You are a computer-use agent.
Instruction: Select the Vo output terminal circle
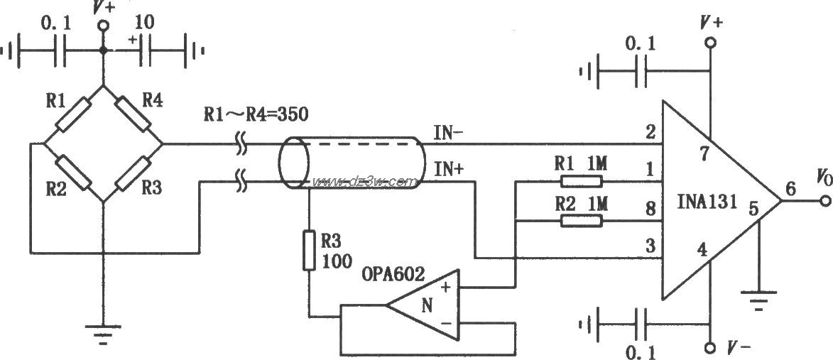click(x=824, y=202)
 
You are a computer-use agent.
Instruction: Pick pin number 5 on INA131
click(x=754, y=209)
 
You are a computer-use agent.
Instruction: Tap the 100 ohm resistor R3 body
click(x=310, y=250)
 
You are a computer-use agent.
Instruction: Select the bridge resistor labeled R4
click(x=133, y=115)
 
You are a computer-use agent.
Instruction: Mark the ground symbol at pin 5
click(x=760, y=300)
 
